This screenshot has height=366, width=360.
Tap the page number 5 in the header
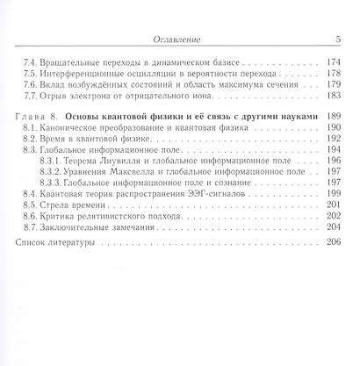coord(338,39)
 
